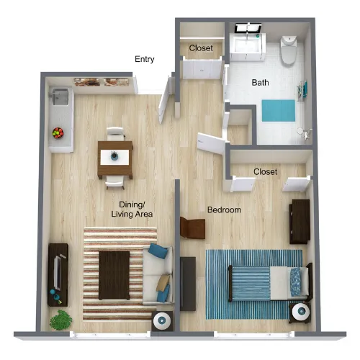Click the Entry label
click(145, 59)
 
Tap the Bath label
click(260, 83)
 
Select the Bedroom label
click(224, 210)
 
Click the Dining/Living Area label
click(132, 210)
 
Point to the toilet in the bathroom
click(289, 50)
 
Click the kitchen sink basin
click(60, 96)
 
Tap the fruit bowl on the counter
click(58, 132)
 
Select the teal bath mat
click(279, 111)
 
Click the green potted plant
click(60, 320)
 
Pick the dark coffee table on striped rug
click(114, 275)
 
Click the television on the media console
click(58, 272)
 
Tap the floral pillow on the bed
click(295, 282)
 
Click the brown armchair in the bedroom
click(192, 228)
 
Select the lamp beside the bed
click(300, 312)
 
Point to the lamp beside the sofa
click(162, 320)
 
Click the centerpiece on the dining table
click(114, 156)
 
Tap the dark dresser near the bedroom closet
click(300, 222)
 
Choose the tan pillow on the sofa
click(163, 283)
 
